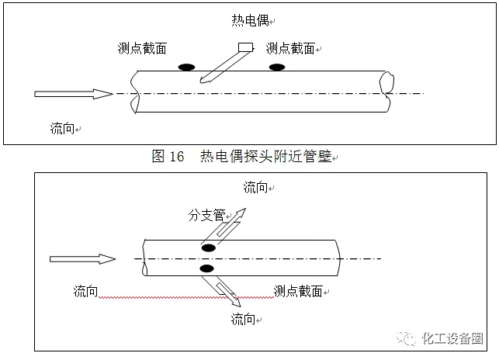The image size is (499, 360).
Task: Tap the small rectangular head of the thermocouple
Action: [247, 47]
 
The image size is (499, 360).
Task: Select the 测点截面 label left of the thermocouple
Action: [138, 48]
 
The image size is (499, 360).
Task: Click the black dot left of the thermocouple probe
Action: [186, 67]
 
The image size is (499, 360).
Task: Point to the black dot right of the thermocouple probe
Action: [276, 67]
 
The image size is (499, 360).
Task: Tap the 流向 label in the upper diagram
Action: [62, 129]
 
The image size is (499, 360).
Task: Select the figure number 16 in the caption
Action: [176, 157]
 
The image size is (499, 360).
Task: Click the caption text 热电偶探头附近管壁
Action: [265, 157]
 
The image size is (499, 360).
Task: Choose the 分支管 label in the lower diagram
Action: [206, 215]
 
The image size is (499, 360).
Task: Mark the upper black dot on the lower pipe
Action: [208, 247]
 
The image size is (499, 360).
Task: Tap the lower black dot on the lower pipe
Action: [206, 268]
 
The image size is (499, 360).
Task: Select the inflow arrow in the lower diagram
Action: [82, 259]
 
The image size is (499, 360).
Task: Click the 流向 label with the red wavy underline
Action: [86, 291]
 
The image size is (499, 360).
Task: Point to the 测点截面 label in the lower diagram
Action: [298, 291]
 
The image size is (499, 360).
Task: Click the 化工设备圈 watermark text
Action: [452, 338]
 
